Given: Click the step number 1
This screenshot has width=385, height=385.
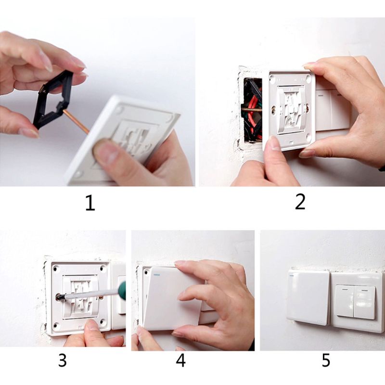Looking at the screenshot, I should [x=90, y=203].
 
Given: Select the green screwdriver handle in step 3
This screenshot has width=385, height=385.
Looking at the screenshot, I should [x=121, y=290].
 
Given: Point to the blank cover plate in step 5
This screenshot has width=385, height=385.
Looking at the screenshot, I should [x=308, y=296].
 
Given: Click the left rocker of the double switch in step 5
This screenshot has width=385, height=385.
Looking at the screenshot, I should [x=345, y=301].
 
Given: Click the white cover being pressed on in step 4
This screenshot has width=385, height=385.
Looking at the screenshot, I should [x=168, y=298].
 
